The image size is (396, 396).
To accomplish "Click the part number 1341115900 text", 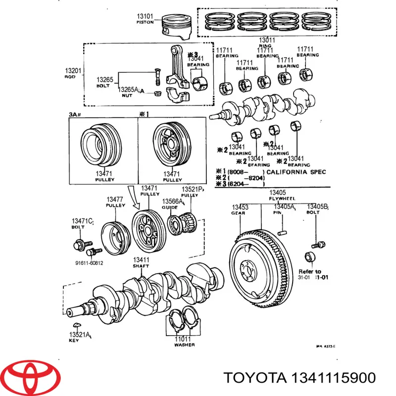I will pos(300,378).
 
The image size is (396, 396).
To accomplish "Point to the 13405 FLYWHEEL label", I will pos(277,196).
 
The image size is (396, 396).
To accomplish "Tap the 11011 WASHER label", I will pos(184,341).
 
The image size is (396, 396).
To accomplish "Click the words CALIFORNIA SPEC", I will pos(296,172).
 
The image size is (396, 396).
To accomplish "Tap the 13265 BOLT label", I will pos(104,82).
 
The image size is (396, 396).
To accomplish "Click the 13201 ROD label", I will pos(73,74).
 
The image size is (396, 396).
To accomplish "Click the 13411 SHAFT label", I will pos(141,262).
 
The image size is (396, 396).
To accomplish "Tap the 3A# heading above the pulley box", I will pos(75,114).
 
